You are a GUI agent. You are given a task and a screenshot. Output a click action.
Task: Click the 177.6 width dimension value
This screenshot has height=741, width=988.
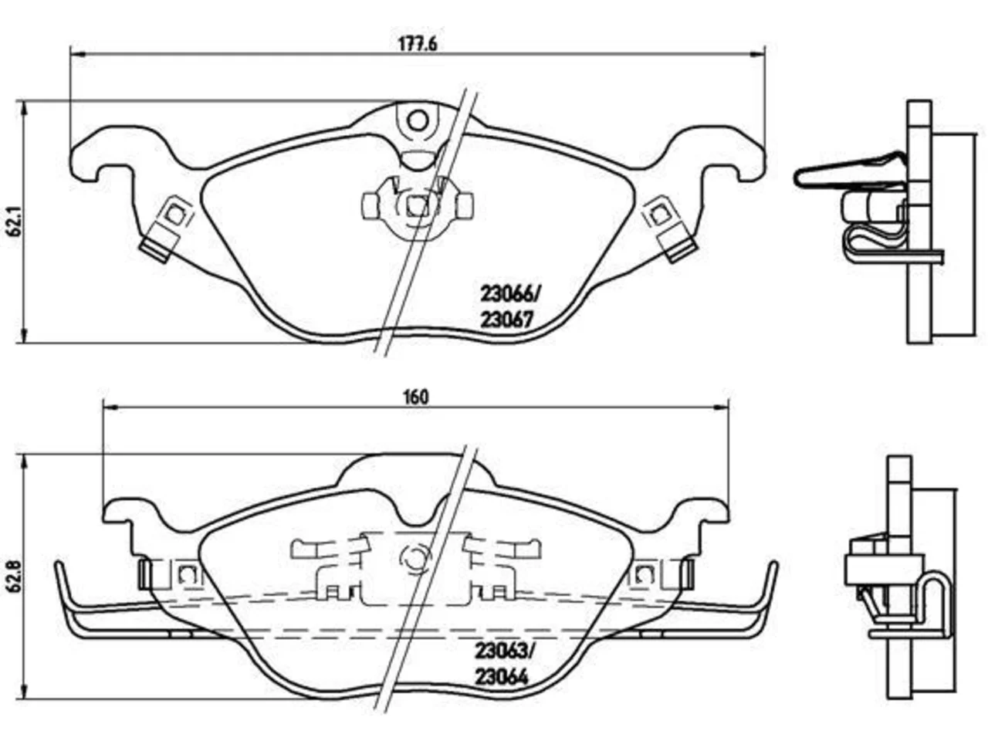[418, 44]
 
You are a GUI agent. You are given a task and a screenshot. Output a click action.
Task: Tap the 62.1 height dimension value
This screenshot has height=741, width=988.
[15, 221]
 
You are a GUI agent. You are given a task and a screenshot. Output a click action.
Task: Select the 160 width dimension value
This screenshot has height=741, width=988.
[416, 398]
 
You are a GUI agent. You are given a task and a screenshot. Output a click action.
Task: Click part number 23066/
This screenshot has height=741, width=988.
[509, 295]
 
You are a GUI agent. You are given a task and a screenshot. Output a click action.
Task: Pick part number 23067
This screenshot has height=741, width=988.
[507, 320]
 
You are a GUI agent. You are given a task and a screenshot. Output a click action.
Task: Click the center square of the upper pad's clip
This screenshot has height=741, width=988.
[418, 207]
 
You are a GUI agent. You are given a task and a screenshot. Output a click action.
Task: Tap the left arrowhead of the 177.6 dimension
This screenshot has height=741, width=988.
[79, 55]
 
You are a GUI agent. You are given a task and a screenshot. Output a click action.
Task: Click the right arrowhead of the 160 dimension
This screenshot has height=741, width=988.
[721, 408]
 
